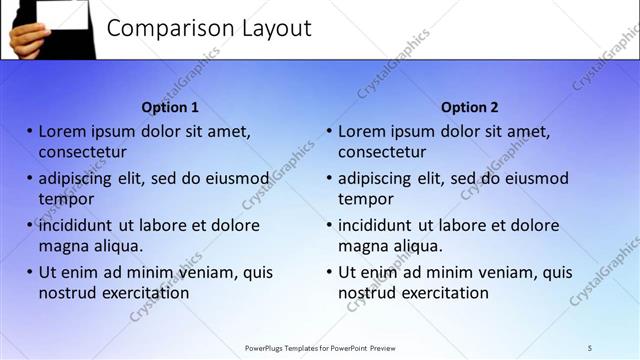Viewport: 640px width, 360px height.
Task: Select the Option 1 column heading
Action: tap(170, 107)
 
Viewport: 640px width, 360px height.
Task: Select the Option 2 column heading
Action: tap(469, 107)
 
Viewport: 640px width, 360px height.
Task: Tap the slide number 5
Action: tap(590, 348)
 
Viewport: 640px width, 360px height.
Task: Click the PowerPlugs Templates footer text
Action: tap(320, 348)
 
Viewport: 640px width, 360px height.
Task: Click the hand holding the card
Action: tap(25, 38)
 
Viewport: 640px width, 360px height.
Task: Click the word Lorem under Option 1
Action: tap(62, 131)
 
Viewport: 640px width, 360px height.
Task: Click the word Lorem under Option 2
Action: tap(362, 131)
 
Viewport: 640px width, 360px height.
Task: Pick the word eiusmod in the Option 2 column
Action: tap(538, 179)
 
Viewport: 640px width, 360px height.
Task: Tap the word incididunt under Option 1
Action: tap(76, 225)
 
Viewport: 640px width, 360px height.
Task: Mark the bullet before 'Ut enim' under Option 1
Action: tap(30, 272)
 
